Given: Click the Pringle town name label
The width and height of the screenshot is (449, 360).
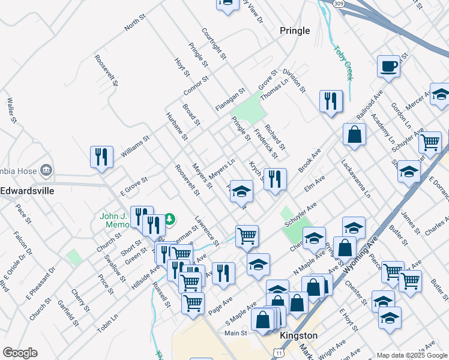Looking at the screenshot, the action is tap(295, 31).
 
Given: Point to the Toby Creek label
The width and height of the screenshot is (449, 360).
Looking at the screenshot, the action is tap(344, 63).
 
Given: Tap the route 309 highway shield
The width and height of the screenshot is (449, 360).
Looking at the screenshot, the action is tap(340, 4).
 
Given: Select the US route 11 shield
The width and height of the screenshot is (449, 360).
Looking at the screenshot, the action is tap(278, 353).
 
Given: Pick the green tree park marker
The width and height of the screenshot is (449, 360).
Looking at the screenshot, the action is tap(170, 218).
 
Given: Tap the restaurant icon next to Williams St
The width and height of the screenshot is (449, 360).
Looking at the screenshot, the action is tap(101, 157).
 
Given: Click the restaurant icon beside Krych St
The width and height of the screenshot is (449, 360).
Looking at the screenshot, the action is tap(275, 179).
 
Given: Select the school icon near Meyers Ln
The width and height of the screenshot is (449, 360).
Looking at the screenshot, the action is tap(241, 191).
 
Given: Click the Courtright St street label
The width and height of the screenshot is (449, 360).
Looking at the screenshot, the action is tap(214, 44).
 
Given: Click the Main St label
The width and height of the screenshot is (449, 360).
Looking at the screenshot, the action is tap(236, 332).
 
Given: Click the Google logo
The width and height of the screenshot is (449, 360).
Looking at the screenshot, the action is tap(20, 352).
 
